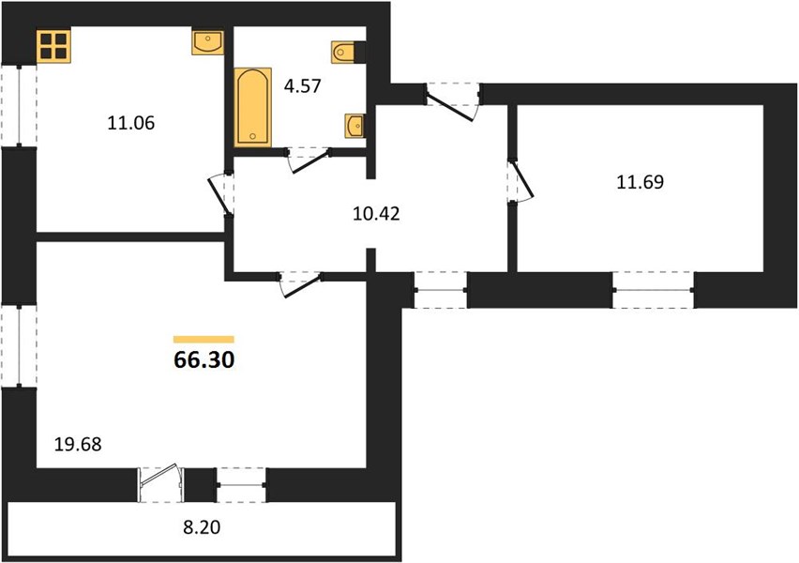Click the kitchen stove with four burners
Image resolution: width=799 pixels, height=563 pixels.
click(x=53, y=46)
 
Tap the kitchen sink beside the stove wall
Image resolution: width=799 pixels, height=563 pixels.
click(x=208, y=42)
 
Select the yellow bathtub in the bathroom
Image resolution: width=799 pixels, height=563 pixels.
click(x=253, y=108)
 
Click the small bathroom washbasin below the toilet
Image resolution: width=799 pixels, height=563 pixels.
click(x=354, y=126)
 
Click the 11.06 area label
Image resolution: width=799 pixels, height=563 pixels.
click(x=131, y=123)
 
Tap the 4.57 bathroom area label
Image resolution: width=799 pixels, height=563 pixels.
click(x=303, y=85)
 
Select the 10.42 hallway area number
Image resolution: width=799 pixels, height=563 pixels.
click(x=376, y=214)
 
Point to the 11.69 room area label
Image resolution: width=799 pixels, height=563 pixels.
click(x=640, y=181)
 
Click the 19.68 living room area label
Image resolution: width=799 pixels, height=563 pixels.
click(x=78, y=444)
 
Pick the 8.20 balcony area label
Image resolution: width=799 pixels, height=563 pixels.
click(x=202, y=526)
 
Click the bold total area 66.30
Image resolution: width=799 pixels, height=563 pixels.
click(x=204, y=359)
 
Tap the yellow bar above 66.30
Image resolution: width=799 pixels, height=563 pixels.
click(x=204, y=339)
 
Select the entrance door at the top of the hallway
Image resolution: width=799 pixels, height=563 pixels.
click(x=453, y=101)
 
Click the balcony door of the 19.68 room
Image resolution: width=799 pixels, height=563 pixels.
click(x=161, y=483)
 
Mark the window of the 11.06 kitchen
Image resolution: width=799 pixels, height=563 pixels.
click(x=19, y=105)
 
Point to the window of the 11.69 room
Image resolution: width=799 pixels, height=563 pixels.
click(x=653, y=290)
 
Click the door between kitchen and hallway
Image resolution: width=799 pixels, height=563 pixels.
click(x=222, y=194)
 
